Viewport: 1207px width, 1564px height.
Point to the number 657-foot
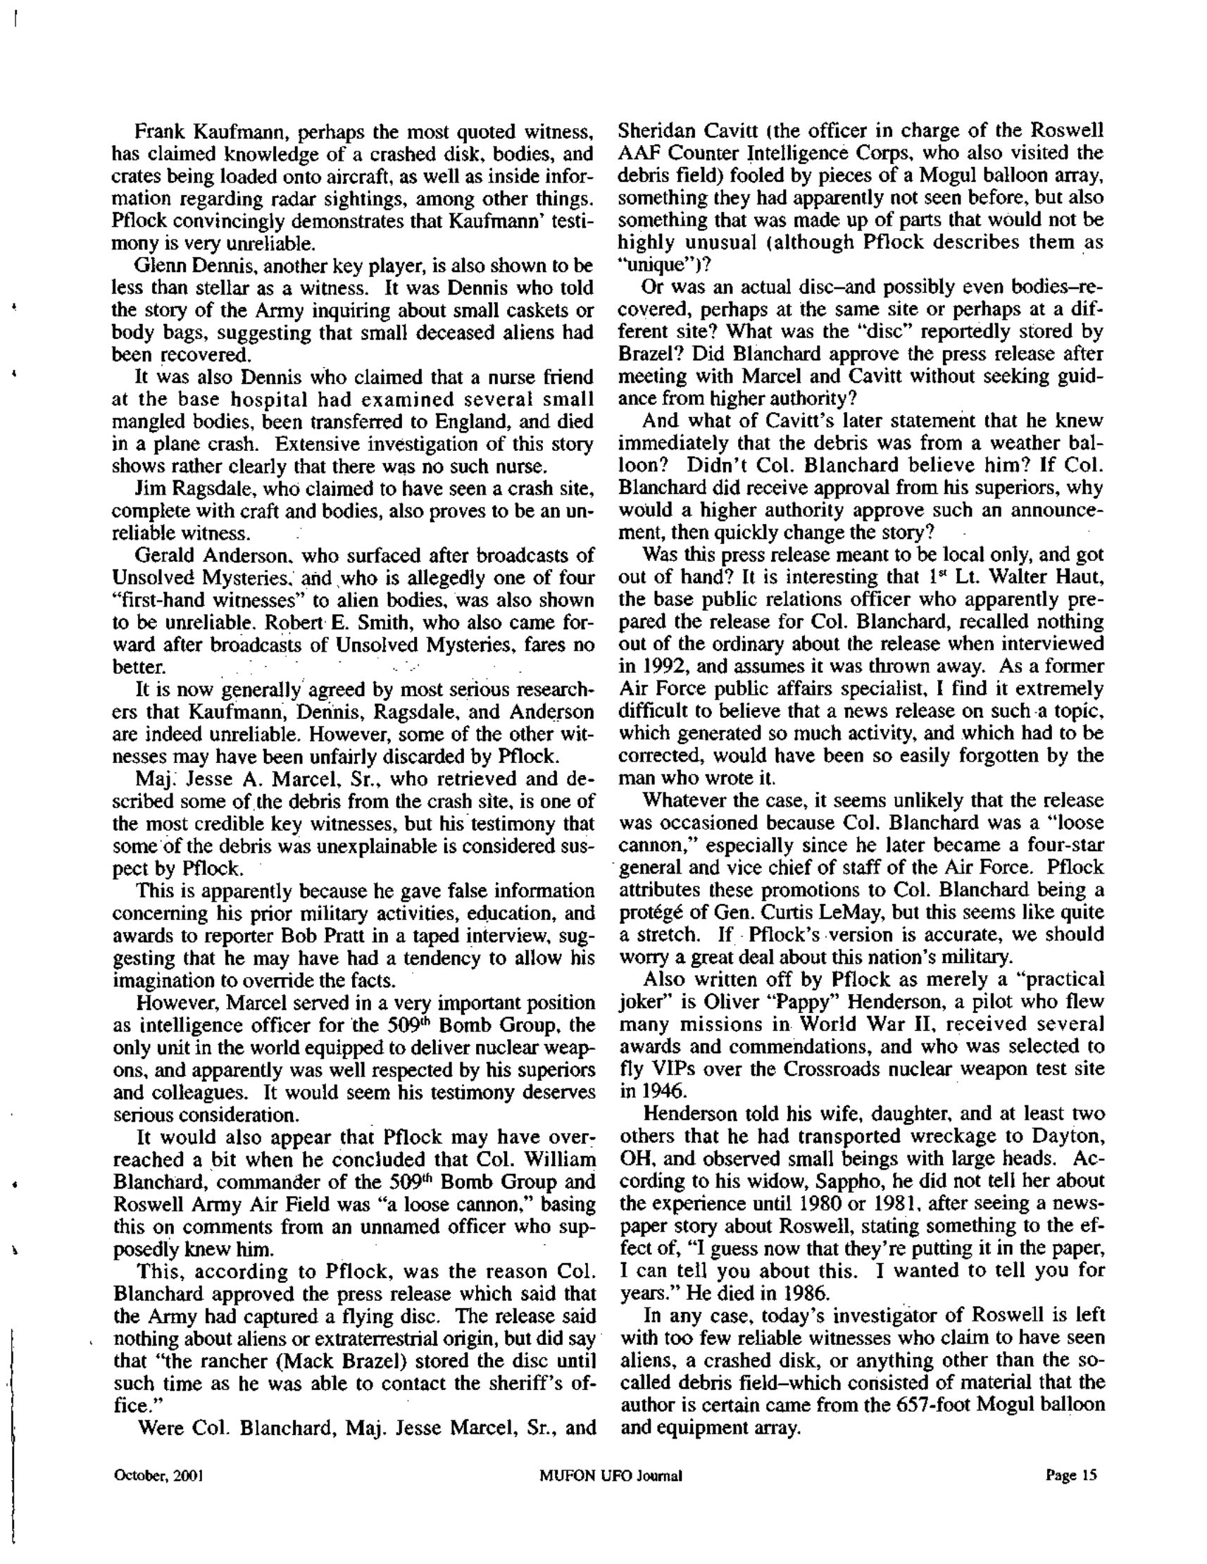[x=934, y=1405]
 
